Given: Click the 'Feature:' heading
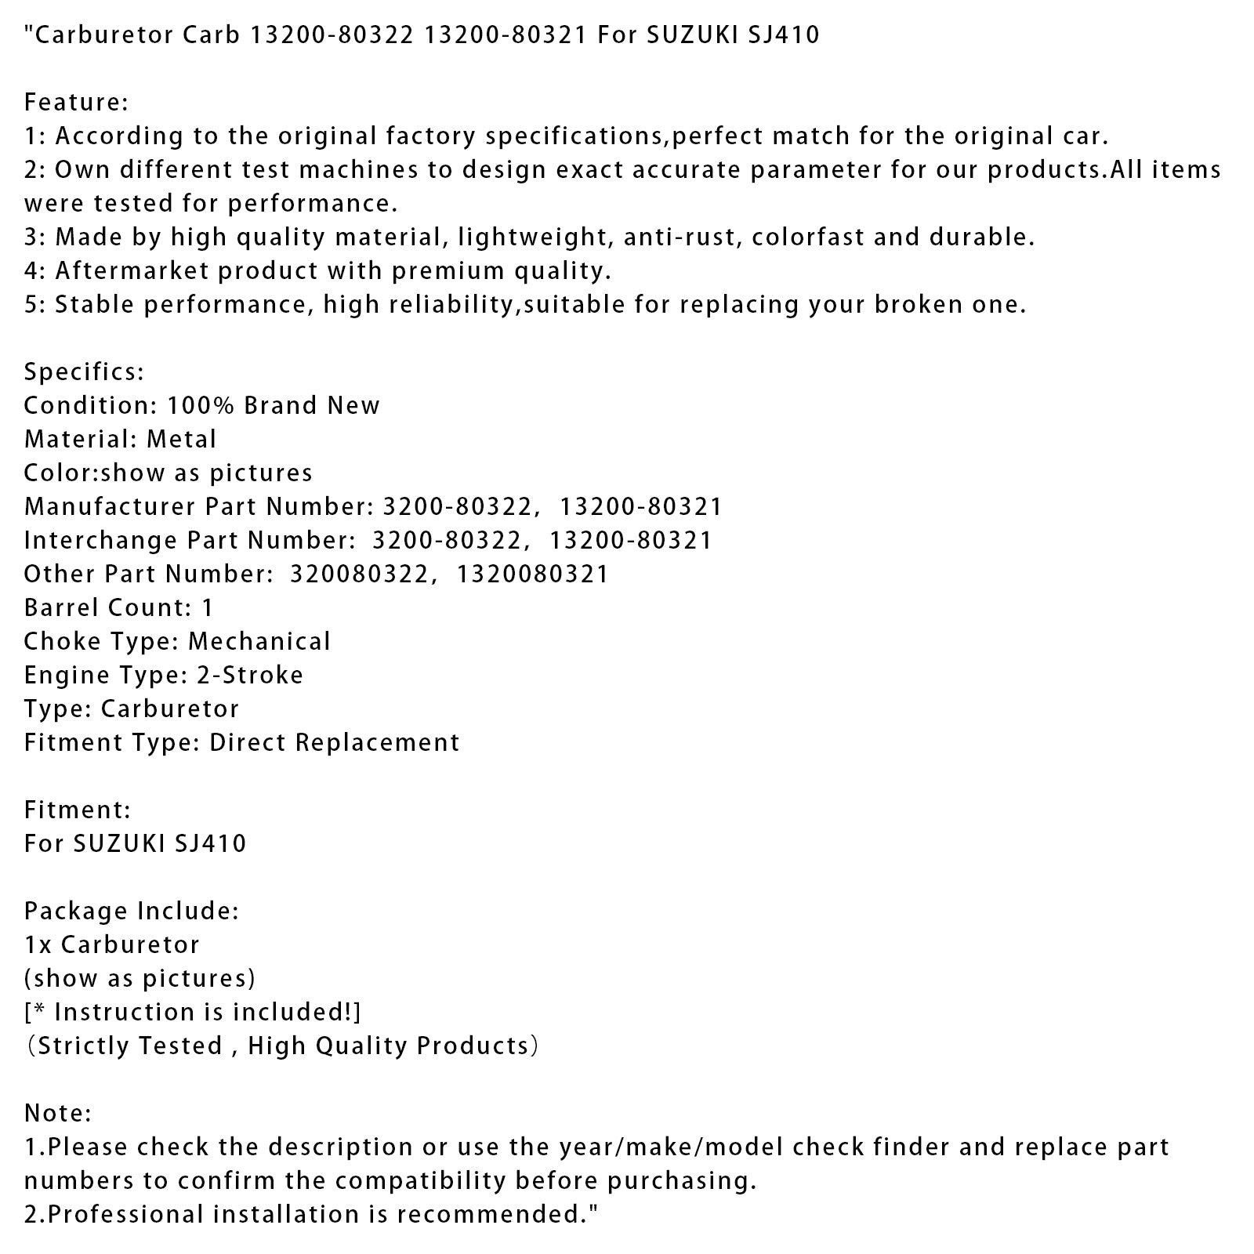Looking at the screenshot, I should (76, 102).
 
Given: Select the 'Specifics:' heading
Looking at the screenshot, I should (84, 371).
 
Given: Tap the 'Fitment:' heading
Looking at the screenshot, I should (78, 810).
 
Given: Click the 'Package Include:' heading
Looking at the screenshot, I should (132, 911).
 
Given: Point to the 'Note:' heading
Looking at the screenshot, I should (58, 1113).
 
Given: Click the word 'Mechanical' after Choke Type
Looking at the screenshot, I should (259, 641).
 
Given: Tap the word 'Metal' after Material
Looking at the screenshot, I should (181, 439).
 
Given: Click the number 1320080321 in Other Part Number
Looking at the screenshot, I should (532, 574).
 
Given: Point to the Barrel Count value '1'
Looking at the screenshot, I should (207, 607).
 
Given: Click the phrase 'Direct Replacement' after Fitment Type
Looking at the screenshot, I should (335, 742).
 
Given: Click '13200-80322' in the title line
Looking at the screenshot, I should (330, 34).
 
